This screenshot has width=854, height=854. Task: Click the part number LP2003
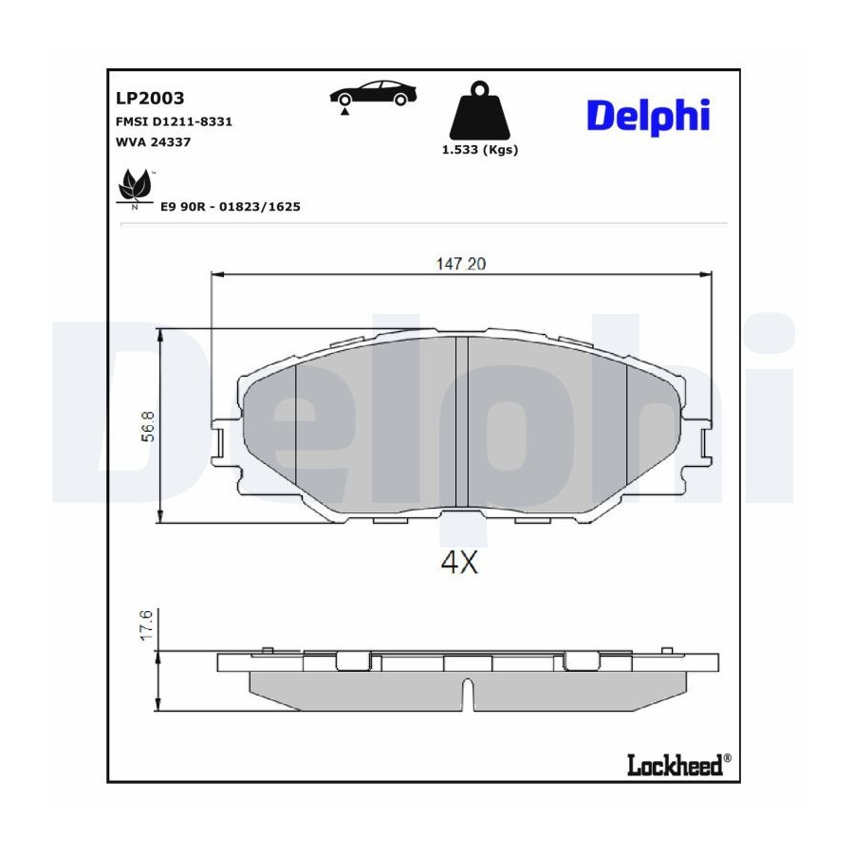click(150, 98)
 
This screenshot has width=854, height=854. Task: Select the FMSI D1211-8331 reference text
click(174, 121)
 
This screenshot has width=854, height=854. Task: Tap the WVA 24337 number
click(153, 142)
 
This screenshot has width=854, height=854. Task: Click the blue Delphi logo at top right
click(648, 116)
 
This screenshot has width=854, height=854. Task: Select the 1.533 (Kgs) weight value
click(480, 150)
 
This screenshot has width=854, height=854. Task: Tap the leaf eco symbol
click(134, 186)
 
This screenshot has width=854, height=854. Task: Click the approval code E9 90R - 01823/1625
click(231, 207)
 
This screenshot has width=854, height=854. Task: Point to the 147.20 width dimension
click(461, 264)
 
